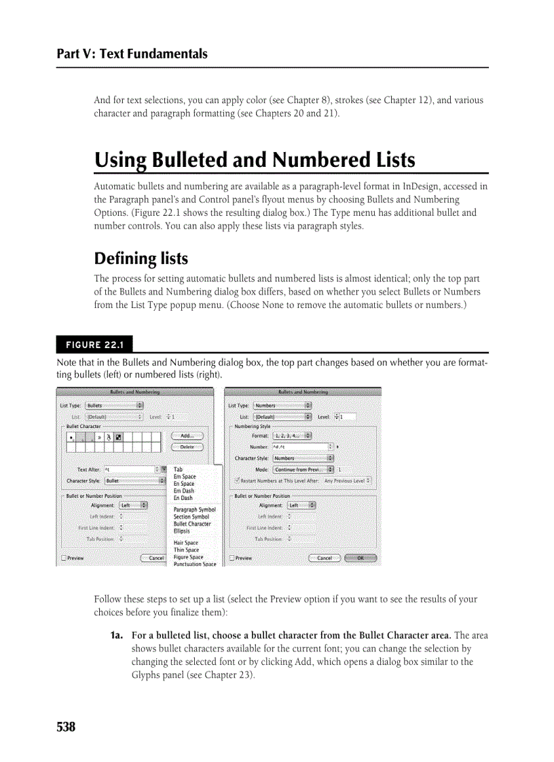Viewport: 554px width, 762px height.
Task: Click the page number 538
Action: [66, 727]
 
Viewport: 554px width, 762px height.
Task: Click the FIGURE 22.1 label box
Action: [94, 345]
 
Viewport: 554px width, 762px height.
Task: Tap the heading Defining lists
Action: [141, 259]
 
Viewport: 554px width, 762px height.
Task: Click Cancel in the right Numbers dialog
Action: [325, 558]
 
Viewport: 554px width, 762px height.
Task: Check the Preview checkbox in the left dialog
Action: [64, 558]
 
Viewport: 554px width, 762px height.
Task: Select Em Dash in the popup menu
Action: [183, 491]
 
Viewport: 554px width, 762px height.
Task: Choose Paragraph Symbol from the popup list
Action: [194, 509]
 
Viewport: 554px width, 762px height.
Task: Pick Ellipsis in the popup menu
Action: [181, 531]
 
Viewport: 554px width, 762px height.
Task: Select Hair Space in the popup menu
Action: [185, 543]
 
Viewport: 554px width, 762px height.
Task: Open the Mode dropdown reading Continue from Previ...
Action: [303, 470]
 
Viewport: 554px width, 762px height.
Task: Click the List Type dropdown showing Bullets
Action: [114, 405]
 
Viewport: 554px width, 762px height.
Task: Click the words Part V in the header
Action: [75, 54]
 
